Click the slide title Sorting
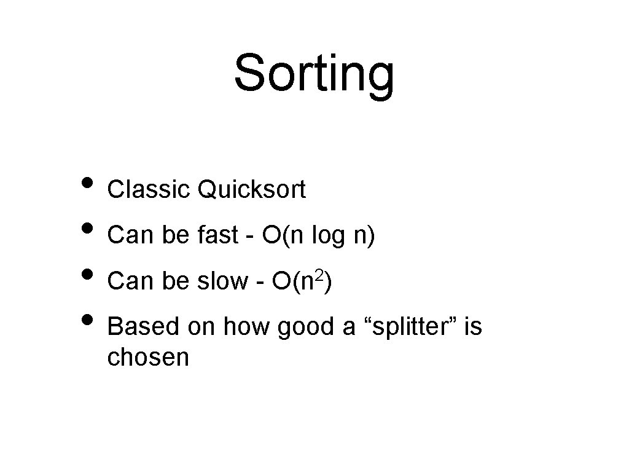tap(314, 74)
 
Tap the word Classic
tap(149, 190)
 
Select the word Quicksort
tap(251, 191)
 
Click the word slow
tap(221, 281)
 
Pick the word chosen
tap(148, 357)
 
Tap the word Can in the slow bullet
tap(125, 281)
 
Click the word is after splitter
tap(473, 327)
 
